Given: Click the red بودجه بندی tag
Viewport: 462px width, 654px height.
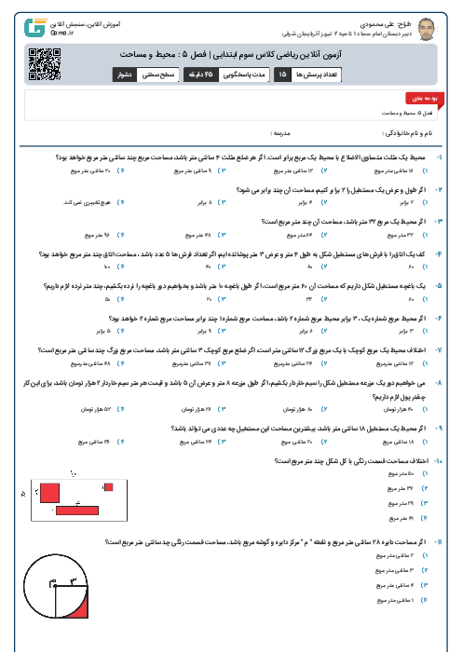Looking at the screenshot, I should (416, 97).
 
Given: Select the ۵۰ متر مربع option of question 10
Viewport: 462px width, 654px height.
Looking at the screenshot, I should (406, 473).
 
